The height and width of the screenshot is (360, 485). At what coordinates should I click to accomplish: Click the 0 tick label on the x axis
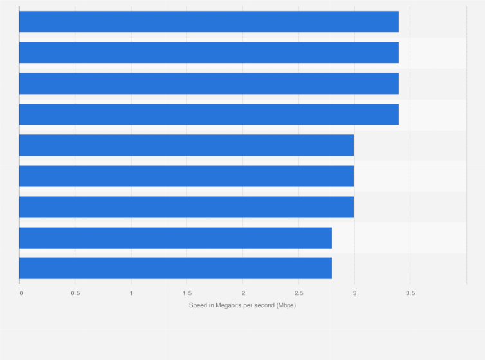(21, 293)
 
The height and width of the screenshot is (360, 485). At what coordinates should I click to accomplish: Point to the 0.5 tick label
(75, 293)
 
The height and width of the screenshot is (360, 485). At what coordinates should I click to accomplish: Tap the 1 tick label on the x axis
(131, 293)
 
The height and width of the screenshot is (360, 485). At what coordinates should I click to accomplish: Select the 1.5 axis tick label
(187, 293)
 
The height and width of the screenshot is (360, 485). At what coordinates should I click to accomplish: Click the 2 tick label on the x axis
(243, 293)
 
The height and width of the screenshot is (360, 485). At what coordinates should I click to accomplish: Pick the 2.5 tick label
(299, 293)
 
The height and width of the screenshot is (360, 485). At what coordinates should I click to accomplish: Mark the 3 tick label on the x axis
(354, 293)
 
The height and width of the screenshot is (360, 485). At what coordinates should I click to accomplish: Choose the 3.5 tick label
(410, 293)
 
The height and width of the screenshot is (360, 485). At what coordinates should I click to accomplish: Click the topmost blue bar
(208, 21)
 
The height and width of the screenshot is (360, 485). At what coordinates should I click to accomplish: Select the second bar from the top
(208, 52)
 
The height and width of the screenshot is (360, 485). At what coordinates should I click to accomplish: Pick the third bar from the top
(208, 83)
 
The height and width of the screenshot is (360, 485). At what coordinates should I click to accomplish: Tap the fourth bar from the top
(208, 114)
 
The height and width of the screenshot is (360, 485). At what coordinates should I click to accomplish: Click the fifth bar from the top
(187, 145)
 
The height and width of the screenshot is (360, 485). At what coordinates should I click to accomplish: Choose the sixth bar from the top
(187, 175)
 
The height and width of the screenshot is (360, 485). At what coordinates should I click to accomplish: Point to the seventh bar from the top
(187, 206)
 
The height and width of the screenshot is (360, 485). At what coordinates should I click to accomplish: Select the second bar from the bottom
(175, 237)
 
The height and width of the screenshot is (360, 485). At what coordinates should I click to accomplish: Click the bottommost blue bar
(175, 268)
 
